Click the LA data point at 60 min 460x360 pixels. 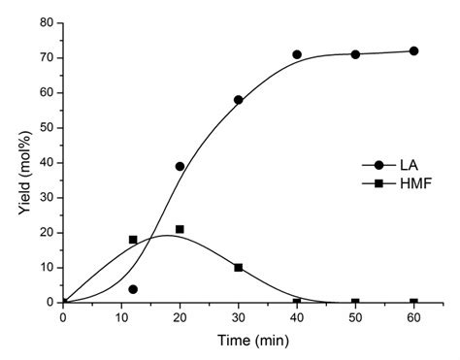point(413,50)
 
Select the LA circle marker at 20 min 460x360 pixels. point(180,166)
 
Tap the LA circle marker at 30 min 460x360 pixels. point(238,100)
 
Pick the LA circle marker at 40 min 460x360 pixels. point(297,54)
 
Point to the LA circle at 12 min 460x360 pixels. point(133,289)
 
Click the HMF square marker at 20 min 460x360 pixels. point(180,229)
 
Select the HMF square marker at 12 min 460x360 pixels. point(133,240)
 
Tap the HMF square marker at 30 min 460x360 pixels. point(238,267)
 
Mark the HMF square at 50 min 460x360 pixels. point(355,303)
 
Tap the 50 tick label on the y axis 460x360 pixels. point(47,127)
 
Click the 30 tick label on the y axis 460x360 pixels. point(47,197)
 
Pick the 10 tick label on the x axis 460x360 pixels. point(121,317)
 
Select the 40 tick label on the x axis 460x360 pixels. point(297,317)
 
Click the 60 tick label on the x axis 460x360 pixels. point(413,317)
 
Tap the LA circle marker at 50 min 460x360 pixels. point(355,54)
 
